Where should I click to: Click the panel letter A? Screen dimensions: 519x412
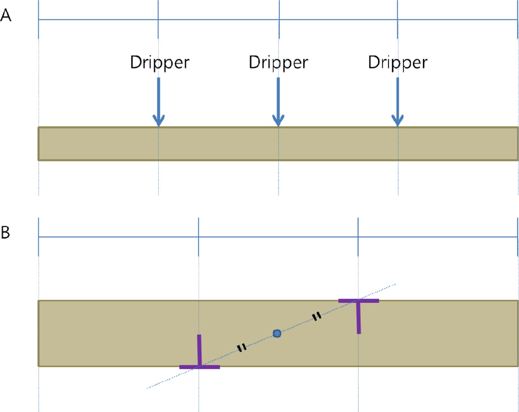(x=6, y=15)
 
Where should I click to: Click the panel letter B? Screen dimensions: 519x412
(x=5, y=232)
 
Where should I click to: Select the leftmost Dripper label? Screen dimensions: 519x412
(x=160, y=63)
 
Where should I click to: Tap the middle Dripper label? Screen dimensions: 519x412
(x=278, y=63)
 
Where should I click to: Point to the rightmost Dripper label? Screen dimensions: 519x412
(x=397, y=63)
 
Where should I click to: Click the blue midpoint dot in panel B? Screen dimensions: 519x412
(x=277, y=334)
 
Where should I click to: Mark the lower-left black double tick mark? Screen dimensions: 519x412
(x=242, y=348)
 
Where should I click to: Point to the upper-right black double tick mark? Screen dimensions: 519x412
(x=317, y=316)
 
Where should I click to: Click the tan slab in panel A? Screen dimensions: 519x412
(x=278, y=143)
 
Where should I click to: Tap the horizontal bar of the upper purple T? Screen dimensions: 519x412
(x=359, y=301)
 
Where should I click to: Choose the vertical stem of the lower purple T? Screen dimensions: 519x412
(x=199, y=350)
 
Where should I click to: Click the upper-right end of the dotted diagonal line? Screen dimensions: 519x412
(x=395, y=284)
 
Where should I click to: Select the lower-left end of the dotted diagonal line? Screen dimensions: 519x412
(x=147, y=389)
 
